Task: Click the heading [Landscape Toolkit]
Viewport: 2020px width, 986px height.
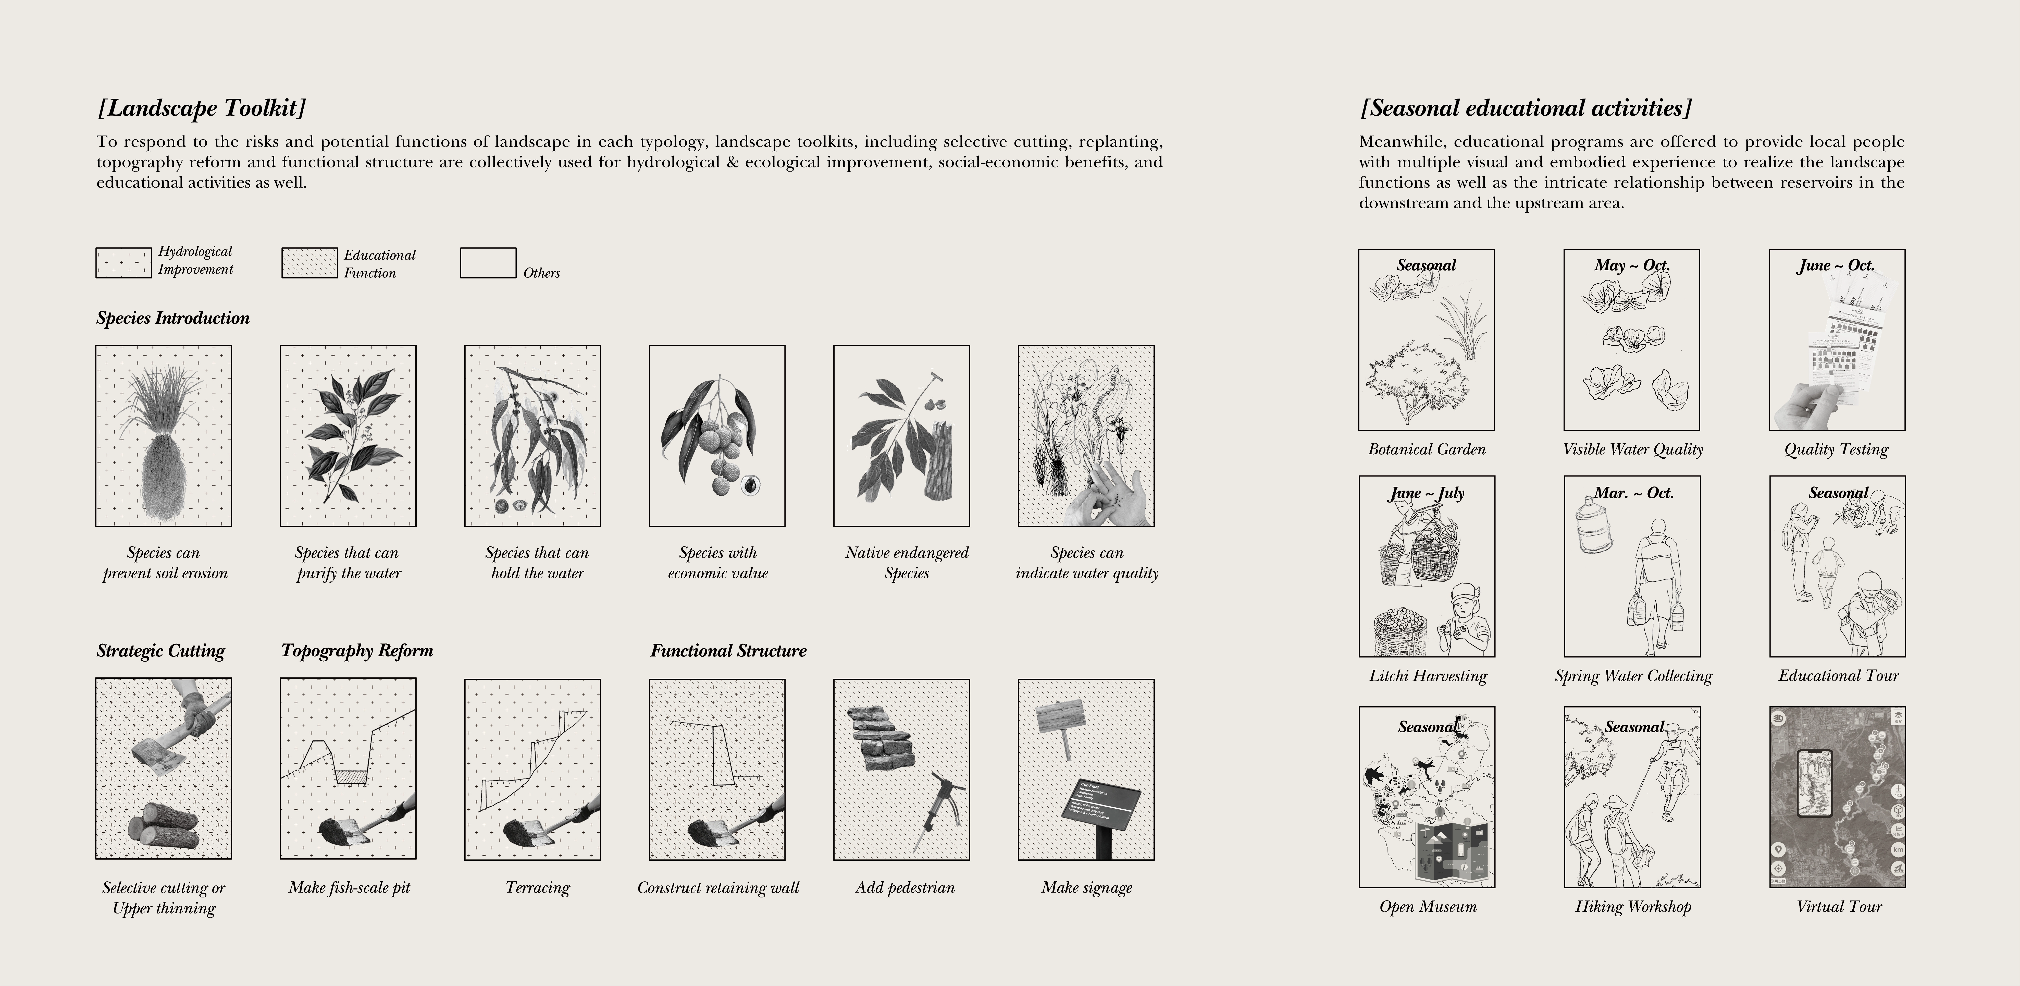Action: (x=202, y=107)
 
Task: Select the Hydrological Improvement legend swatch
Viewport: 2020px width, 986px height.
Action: (x=123, y=263)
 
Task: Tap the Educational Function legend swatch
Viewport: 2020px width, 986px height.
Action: (x=309, y=263)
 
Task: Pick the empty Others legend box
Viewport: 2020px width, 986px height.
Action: (x=488, y=263)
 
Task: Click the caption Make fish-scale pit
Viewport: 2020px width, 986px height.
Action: (x=349, y=887)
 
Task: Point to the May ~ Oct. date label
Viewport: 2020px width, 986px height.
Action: (x=1632, y=265)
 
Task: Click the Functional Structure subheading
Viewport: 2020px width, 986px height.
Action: (x=728, y=650)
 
